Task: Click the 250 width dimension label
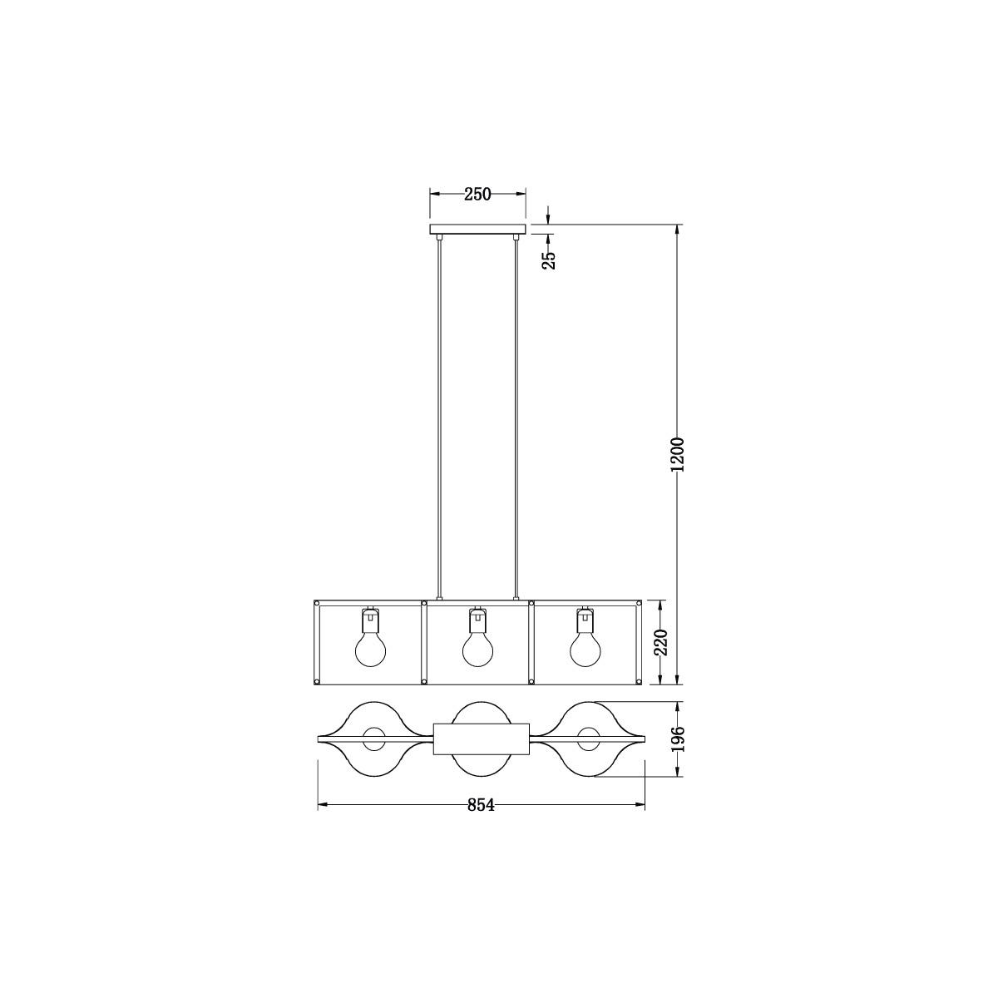477,195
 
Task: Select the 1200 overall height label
678,455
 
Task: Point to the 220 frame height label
661,642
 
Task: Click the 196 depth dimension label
678,739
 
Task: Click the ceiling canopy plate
477,229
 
